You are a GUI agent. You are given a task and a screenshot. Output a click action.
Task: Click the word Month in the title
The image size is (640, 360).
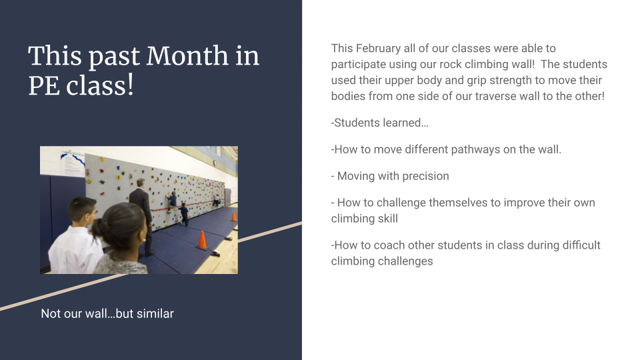(x=187, y=56)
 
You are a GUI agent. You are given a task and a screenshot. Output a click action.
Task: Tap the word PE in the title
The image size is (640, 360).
(x=44, y=86)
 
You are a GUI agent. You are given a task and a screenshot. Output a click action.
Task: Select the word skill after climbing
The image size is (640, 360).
(x=388, y=219)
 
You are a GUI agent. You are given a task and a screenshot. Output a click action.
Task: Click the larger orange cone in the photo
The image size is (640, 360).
(x=202, y=239)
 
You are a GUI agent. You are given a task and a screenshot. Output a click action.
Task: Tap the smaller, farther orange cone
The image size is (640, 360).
(x=234, y=217)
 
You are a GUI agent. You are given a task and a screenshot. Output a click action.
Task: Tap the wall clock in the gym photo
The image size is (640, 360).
(x=215, y=163)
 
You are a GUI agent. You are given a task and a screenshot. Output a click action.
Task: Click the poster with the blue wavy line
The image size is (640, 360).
(x=73, y=163)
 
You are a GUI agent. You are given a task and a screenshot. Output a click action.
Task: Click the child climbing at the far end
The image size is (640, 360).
(x=216, y=199)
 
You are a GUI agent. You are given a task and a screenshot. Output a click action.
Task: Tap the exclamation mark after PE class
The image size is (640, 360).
(x=130, y=85)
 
